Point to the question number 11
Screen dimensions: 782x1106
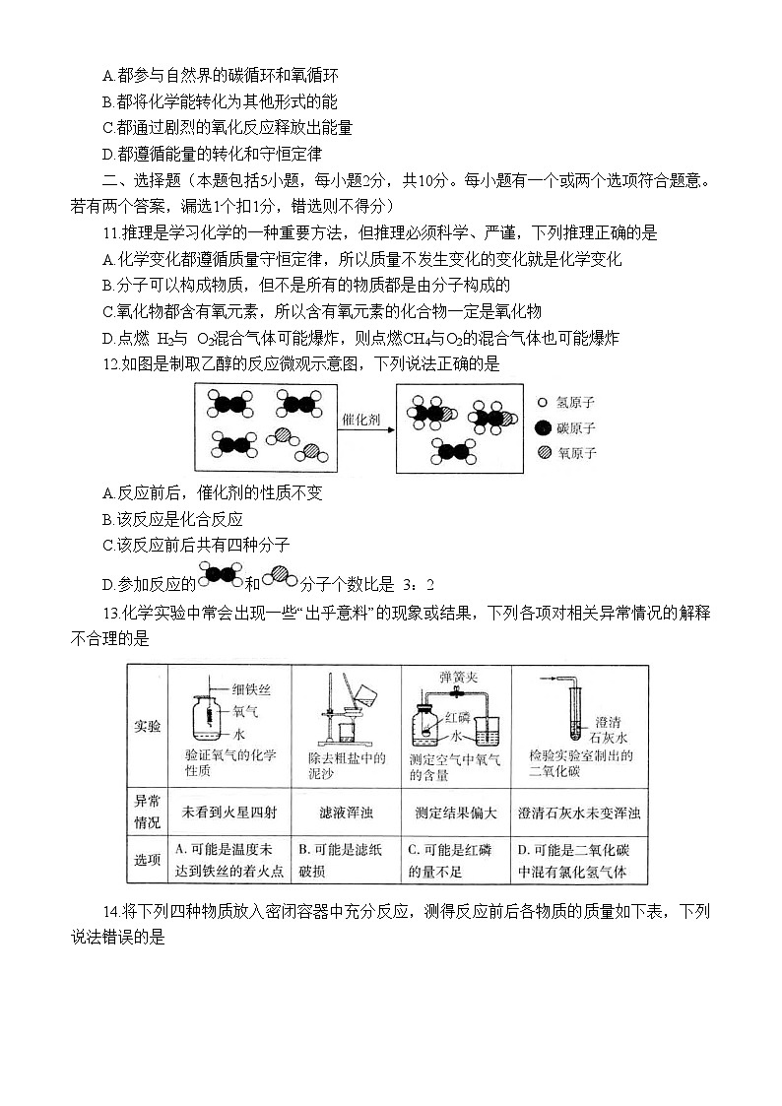click(x=110, y=233)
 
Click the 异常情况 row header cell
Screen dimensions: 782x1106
click(x=148, y=813)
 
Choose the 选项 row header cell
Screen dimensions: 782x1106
click(x=148, y=860)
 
